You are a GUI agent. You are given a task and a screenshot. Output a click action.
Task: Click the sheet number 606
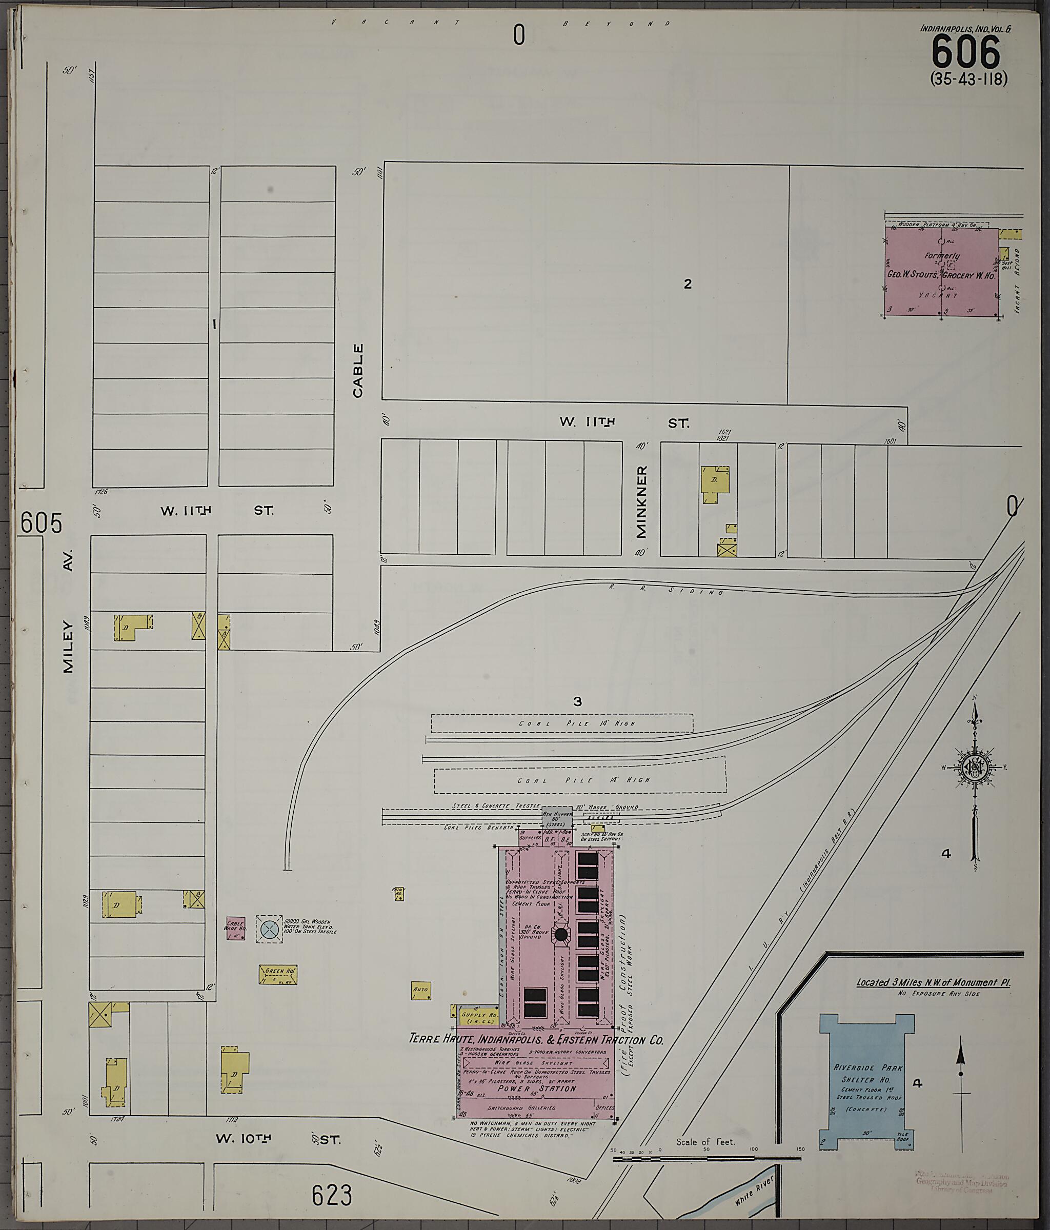[966, 52]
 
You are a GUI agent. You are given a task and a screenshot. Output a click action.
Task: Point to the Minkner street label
[641, 501]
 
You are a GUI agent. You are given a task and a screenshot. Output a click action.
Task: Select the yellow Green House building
[278, 975]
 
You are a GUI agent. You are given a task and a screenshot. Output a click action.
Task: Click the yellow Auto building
[420, 990]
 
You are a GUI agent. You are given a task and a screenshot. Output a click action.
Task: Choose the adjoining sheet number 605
[41, 523]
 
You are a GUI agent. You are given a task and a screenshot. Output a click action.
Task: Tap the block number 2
[688, 284]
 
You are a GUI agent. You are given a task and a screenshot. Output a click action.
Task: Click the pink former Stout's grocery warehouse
[941, 272]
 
